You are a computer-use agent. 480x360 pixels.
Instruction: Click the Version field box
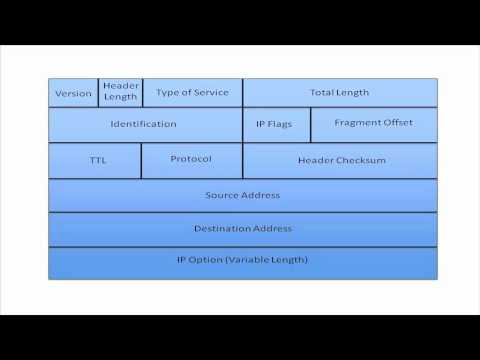coord(73,93)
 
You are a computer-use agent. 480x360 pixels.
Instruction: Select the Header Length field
coord(121,91)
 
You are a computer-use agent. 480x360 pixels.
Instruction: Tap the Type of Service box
coord(192,92)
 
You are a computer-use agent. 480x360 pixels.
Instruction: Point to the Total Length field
coord(339,92)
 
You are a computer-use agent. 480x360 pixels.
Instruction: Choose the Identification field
coord(144,124)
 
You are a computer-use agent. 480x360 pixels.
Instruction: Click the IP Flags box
coord(276,124)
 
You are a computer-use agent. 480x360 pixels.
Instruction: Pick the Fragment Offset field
coord(373,123)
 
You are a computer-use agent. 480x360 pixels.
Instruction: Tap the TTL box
coord(95,160)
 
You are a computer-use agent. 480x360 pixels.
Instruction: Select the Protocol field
coord(191,159)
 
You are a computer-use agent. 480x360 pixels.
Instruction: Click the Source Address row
coord(242,195)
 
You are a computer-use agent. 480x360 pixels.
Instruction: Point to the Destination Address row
coord(242,228)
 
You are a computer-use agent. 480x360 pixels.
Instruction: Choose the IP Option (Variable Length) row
coord(242,260)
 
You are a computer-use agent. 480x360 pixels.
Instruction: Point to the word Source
coord(221,195)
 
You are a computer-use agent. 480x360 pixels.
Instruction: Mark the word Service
coord(211,92)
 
